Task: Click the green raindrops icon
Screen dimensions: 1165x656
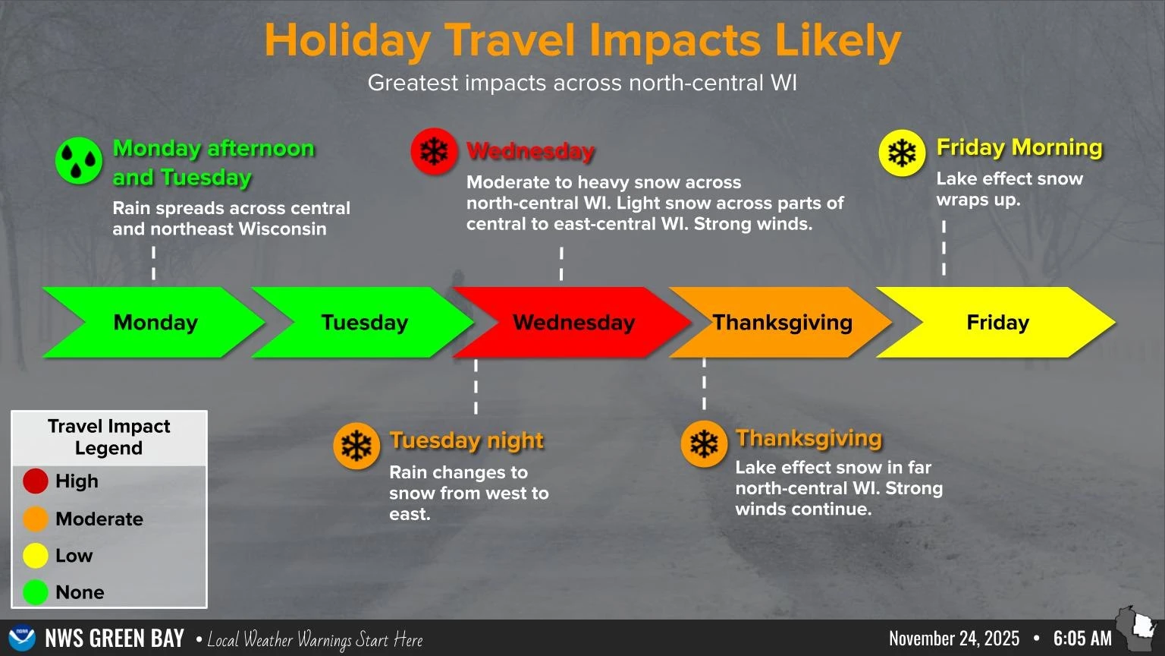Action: click(x=79, y=161)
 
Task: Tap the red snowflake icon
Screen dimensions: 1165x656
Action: click(x=434, y=152)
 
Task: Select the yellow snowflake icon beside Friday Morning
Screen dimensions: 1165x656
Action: click(x=902, y=153)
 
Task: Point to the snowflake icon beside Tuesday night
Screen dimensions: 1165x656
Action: click(x=356, y=446)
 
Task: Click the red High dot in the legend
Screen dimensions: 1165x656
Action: click(x=36, y=481)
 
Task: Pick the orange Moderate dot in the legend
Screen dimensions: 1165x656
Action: click(x=36, y=519)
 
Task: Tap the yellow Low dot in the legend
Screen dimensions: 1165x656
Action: click(x=36, y=556)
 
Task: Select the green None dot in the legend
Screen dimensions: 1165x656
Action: click(x=36, y=592)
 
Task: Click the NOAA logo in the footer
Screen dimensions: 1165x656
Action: click(x=22, y=638)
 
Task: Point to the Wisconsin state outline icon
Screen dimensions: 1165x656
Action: click(x=1135, y=627)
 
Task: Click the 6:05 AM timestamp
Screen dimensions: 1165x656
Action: click(x=1082, y=639)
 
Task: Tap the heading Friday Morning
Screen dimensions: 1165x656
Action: click(x=1019, y=147)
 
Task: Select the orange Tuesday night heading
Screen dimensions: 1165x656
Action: click(x=466, y=440)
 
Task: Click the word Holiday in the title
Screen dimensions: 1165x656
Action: click(x=347, y=41)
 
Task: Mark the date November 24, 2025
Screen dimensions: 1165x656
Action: click(x=954, y=639)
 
